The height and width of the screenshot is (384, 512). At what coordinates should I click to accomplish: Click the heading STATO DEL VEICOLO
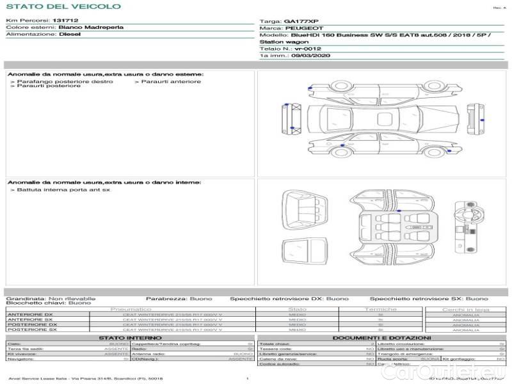click(x=63, y=6)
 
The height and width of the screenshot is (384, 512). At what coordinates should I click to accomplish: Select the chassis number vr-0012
click(x=308, y=49)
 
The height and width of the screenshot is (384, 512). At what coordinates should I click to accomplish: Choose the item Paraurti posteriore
click(x=49, y=86)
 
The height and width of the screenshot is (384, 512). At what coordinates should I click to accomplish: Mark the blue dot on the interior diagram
click(x=398, y=211)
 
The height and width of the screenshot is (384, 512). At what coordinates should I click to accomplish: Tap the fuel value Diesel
click(x=70, y=35)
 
